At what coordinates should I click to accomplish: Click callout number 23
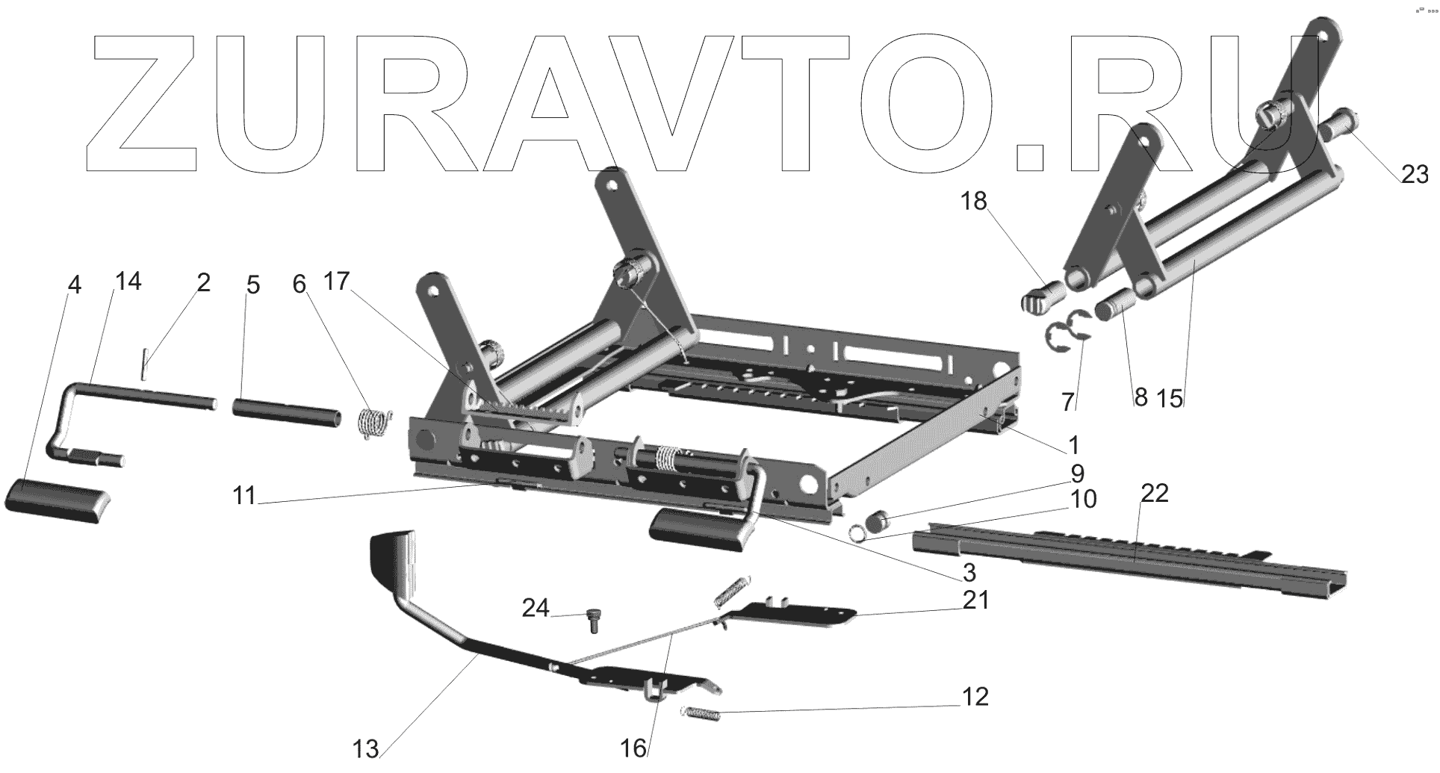click(x=1415, y=175)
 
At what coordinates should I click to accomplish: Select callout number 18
click(x=974, y=202)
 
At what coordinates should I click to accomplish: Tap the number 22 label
click(x=1154, y=494)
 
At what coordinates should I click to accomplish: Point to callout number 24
click(x=536, y=609)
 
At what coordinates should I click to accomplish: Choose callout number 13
click(x=367, y=748)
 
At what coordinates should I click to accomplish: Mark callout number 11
click(x=244, y=495)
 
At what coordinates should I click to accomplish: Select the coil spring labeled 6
click(x=373, y=423)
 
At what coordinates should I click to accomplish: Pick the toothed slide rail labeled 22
click(x=1128, y=553)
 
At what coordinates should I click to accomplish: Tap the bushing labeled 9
click(x=878, y=519)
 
